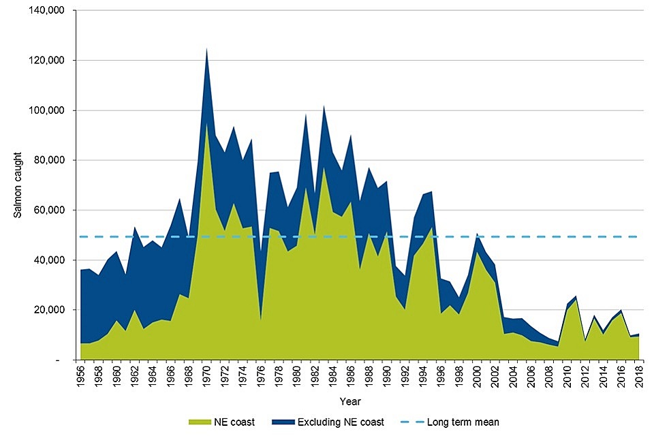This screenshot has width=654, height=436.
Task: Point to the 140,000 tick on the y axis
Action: pyautogui.click(x=49, y=11)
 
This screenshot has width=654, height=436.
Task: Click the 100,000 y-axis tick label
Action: pyautogui.click(x=49, y=110)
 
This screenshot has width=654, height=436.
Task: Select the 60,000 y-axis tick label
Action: pyautogui.click(x=52, y=210)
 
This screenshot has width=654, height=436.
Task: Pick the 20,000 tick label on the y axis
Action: pyautogui.click(x=52, y=310)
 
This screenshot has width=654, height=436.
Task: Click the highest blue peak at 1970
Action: pyautogui.click(x=206, y=49)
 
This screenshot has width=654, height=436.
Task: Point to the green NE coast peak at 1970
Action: pyautogui.click(x=206, y=123)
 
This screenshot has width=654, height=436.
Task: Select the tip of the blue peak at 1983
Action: pyautogui.click(x=324, y=106)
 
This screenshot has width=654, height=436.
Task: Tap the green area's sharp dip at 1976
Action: pyautogui.click(x=261, y=319)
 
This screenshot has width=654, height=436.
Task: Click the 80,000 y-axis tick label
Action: pyautogui.click(x=52, y=160)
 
